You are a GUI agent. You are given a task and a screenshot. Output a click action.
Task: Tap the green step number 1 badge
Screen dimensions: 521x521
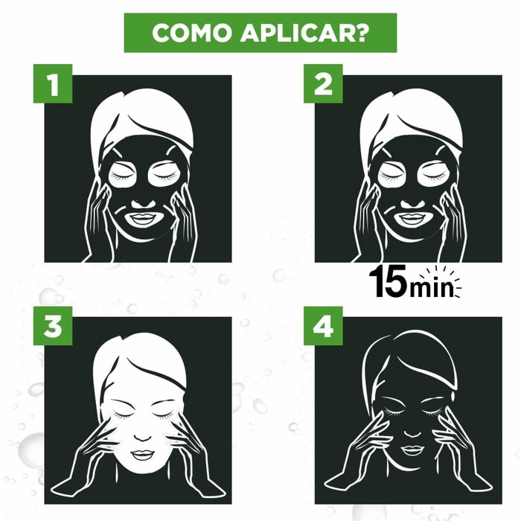click(x=52, y=86)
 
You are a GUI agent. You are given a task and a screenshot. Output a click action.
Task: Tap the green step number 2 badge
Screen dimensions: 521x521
click(x=323, y=86)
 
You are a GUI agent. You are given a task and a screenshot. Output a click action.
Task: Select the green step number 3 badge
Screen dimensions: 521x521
click(x=52, y=328)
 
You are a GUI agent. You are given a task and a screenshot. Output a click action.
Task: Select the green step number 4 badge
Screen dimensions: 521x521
click(x=323, y=328)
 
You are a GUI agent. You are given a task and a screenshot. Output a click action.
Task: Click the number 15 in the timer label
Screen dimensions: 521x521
click(x=388, y=284)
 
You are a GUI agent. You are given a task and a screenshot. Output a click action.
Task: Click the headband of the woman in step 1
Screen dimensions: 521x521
click(x=141, y=123)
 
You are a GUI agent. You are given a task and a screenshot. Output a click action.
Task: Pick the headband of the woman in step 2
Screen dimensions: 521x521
click(x=411, y=123)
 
